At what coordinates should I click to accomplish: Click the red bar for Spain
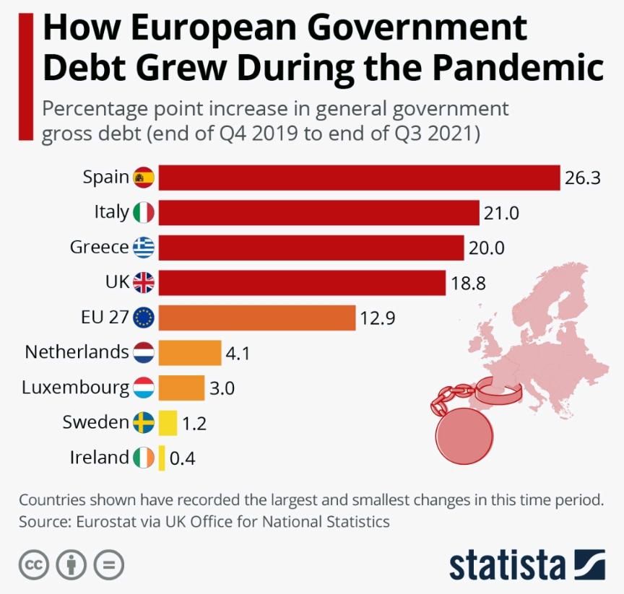359,178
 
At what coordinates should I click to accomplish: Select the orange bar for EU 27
256,318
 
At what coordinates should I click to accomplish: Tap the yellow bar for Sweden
168,422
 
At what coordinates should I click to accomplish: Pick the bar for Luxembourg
181,388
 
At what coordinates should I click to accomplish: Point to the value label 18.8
468,283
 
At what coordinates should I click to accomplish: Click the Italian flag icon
144,213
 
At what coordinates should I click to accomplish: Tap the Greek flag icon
144,248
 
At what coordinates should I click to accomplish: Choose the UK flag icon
144,283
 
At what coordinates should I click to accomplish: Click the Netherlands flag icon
144,353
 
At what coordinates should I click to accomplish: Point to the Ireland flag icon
144,458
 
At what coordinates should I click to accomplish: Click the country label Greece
99,248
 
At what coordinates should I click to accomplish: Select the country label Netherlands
77,352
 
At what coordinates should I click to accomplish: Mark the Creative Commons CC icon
32,564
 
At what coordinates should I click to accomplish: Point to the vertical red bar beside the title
26,76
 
